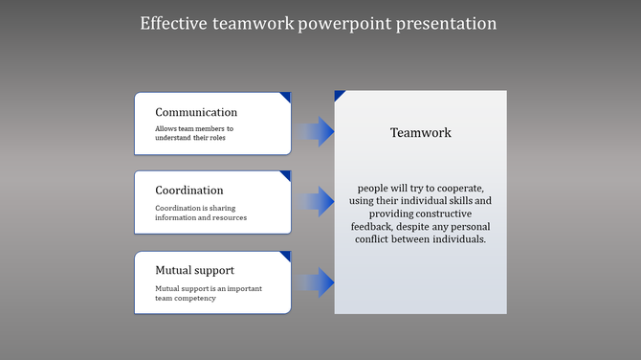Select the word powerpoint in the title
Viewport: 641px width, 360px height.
pos(338,23)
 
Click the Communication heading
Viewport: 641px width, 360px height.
pos(196,112)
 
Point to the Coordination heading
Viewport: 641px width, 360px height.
pos(189,191)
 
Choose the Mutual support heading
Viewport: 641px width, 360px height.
pos(194,270)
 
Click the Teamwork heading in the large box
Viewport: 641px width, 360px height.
pos(420,133)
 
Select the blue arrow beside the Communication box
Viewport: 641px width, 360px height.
pos(315,131)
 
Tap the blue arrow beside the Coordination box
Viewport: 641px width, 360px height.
pos(315,202)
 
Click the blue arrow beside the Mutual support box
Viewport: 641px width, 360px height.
pos(315,282)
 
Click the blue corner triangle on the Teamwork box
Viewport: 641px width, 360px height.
pos(339,95)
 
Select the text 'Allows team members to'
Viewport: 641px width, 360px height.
pos(194,128)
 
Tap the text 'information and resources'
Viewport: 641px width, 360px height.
pos(201,217)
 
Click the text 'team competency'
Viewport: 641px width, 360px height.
pos(186,298)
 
